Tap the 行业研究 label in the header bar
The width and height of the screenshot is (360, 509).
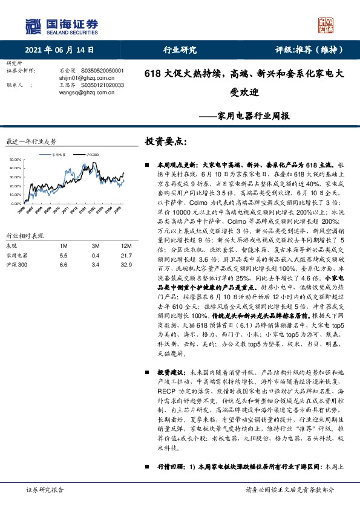(x=180, y=50)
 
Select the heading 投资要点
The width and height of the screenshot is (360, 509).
(x=166, y=142)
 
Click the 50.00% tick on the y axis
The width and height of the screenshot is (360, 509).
(x=15, y=160)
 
